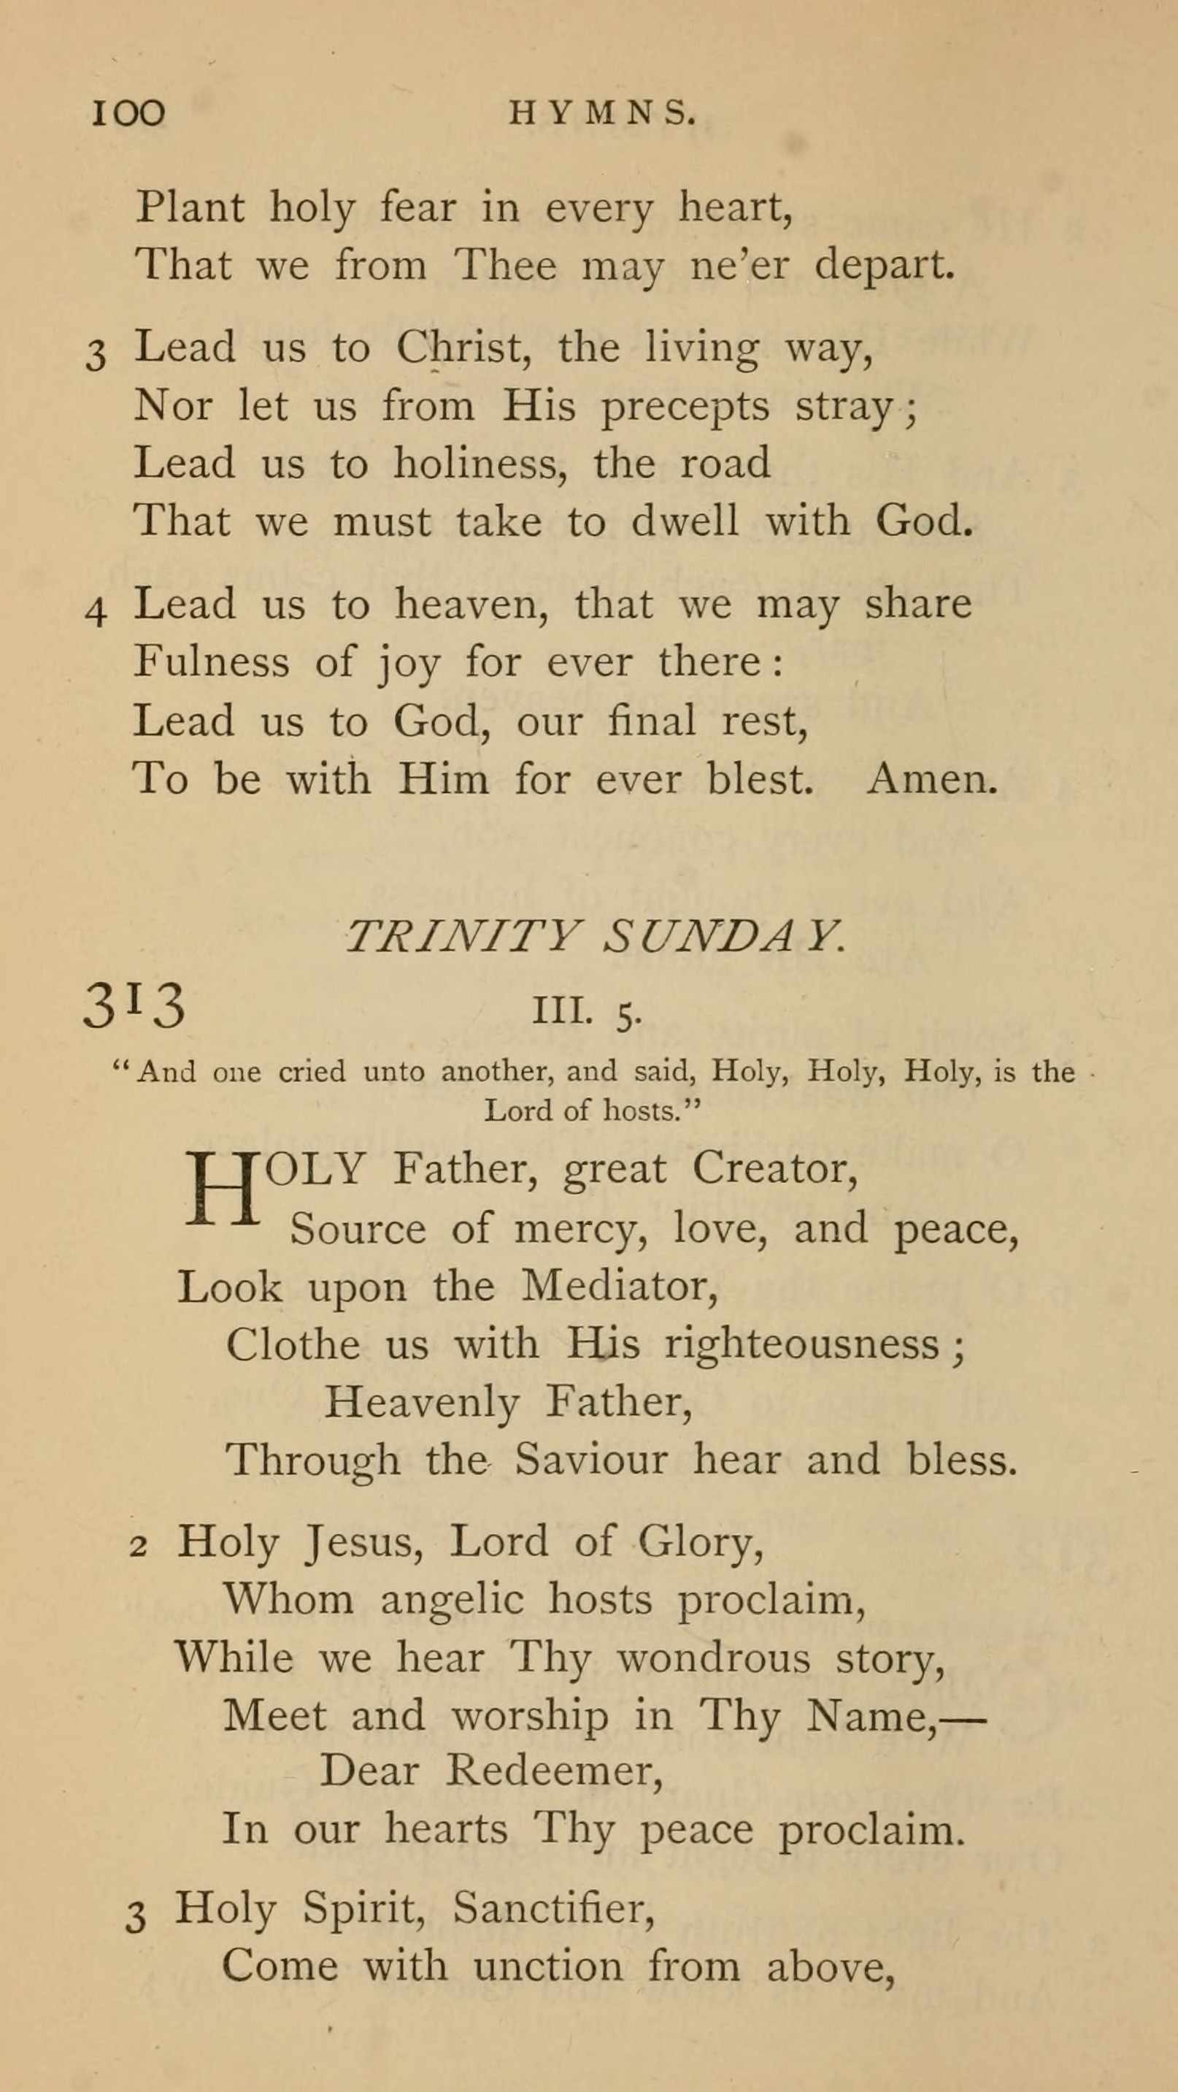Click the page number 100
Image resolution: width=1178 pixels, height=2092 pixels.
coord(128,113)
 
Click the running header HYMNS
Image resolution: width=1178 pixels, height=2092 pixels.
coord(602,114)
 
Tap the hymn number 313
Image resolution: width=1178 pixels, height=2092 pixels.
coord(134,1005)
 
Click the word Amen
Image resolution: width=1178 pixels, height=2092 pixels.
coord(932,779)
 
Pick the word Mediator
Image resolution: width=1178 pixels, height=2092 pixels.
coord(619,1287)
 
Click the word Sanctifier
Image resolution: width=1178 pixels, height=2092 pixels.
coord(554,1906)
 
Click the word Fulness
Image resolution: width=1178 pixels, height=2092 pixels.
coord(211,661)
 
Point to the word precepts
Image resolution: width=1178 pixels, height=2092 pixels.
coord(685,406)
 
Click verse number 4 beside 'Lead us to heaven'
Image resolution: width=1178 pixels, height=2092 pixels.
coord(96,611)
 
